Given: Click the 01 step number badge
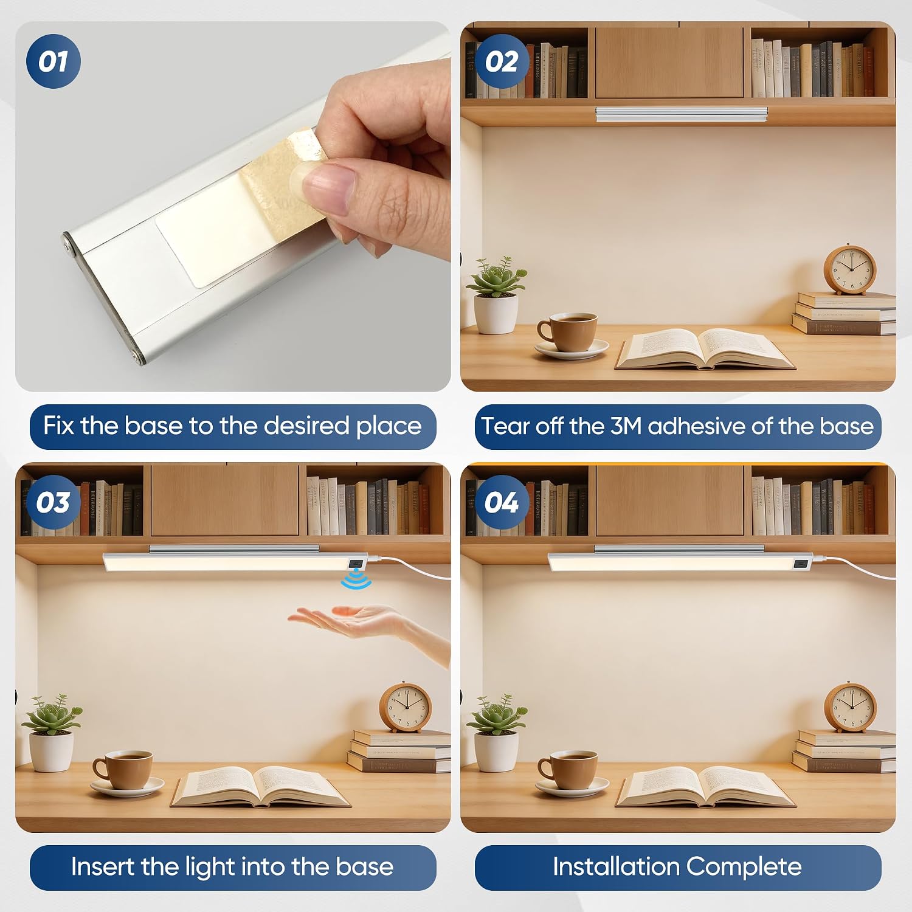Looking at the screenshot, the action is pos(54,61).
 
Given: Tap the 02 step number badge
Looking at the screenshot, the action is pos(502,61).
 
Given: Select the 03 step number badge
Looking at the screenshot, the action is pos(54,502).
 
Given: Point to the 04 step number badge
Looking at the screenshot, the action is pos(502,502).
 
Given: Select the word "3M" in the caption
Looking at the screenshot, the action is pos(626,426).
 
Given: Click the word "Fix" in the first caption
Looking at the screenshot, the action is pos(59,426).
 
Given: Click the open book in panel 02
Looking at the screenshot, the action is pos(705,348).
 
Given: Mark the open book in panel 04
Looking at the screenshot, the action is pos(705,787).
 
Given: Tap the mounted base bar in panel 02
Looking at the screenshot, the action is pos(682,114).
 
